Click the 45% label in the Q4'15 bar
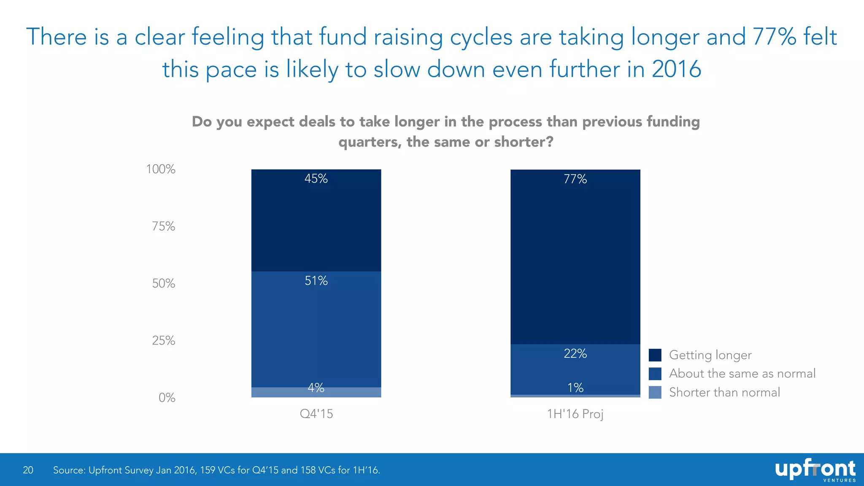(316, 179)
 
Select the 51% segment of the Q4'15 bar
(316, 329)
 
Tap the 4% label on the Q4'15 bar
(316, 388)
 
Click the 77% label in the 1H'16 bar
(575, 179)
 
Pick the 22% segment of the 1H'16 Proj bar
(575, 370)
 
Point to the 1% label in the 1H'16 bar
(575, 388)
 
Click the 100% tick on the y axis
(161, 170)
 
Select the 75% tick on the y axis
(163, 227)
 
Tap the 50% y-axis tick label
(163, 283)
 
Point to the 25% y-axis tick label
(163, 340)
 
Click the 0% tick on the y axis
(167, 398)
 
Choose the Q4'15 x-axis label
(316, 414)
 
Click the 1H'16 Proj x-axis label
(575, 414)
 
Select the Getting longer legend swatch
(655, 355)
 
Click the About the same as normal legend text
(742, 374)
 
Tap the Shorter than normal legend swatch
(655, 392)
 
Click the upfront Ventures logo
(815, 470)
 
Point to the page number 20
(28, 470)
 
